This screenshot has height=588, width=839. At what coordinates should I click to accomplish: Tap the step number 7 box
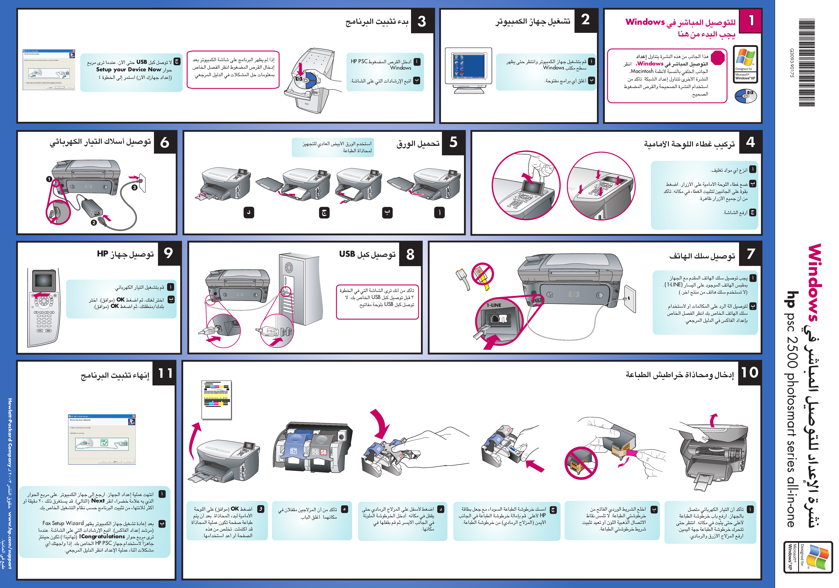(x=750, y=253)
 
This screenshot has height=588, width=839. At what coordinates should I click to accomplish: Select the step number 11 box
(x=165, y=373)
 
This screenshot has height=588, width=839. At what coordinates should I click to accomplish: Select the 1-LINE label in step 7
(x=494, y=305)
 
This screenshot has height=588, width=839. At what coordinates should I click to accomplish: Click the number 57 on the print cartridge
(x=294, y=451)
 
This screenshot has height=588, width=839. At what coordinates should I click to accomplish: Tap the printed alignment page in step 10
(x=217, y=399)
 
